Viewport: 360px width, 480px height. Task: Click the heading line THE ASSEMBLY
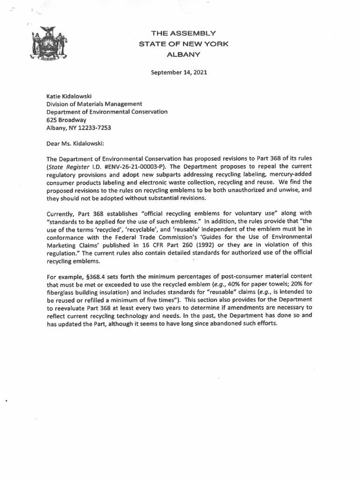(183, 33)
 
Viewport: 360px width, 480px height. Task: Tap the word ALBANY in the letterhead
(183, 54)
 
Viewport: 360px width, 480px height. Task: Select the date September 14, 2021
(179, 73)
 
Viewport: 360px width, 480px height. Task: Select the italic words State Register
(66, 166)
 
